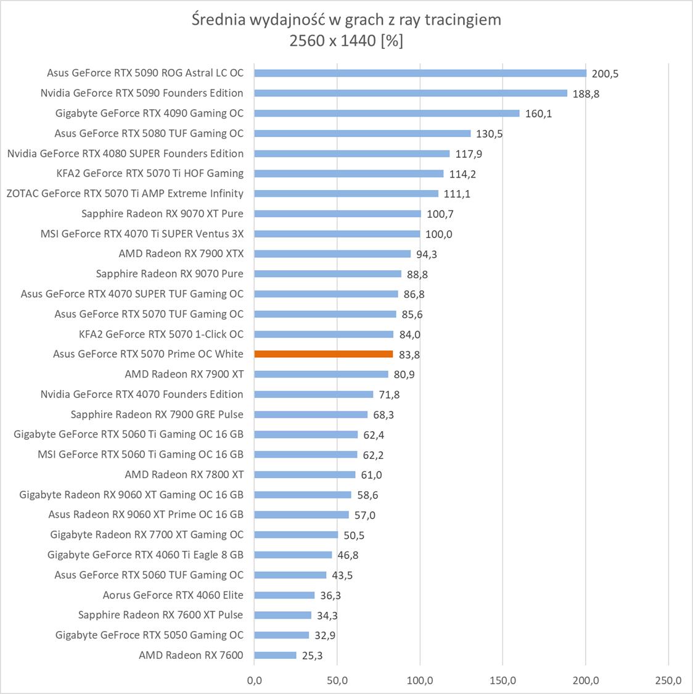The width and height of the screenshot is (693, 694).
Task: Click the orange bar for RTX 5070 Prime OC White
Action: (324, 354)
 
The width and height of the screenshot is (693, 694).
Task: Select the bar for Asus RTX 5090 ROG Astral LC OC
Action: (420, 73)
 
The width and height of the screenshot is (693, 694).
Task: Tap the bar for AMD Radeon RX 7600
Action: (275, 655)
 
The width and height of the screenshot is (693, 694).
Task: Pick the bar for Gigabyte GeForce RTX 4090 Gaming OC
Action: (387, 113)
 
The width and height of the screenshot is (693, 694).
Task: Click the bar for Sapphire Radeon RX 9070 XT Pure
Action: (337, 213)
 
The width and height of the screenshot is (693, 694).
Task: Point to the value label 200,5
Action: (605, 74)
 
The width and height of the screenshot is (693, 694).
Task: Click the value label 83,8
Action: (409, 355)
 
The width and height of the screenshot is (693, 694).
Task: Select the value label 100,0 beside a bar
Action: (438, 234)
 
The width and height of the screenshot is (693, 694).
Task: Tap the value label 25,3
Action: (312, 656)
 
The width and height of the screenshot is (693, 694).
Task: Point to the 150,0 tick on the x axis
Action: (502, 681)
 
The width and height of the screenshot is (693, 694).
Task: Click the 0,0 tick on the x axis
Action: (254, 681)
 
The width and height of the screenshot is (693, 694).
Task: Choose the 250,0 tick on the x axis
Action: (668, 681)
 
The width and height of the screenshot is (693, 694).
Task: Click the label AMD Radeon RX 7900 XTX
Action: (181, 254)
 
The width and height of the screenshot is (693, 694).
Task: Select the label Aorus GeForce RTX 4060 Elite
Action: (173, 595)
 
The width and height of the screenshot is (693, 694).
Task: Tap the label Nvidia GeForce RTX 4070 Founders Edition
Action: (142, 394)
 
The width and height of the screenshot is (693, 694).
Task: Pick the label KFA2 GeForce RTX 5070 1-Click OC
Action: (162, 334)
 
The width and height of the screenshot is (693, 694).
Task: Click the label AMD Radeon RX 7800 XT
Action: (184, 474)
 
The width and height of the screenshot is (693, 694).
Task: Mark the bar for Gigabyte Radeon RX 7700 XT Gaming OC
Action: (296, 535)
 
